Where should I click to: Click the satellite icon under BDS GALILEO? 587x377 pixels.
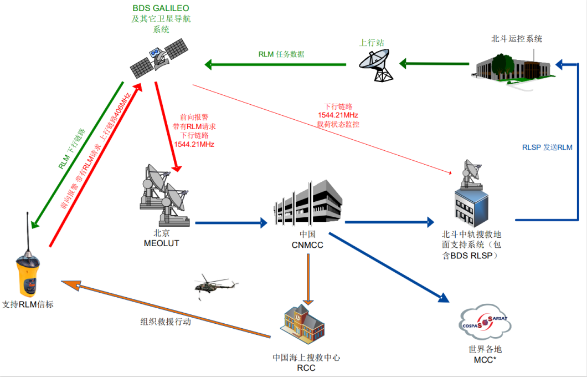point(158,58)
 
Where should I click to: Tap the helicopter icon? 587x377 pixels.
point(215,286)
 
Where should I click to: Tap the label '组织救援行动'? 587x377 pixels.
point(165,322)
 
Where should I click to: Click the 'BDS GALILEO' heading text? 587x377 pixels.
point(160,8)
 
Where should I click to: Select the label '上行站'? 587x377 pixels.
point(369,42)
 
